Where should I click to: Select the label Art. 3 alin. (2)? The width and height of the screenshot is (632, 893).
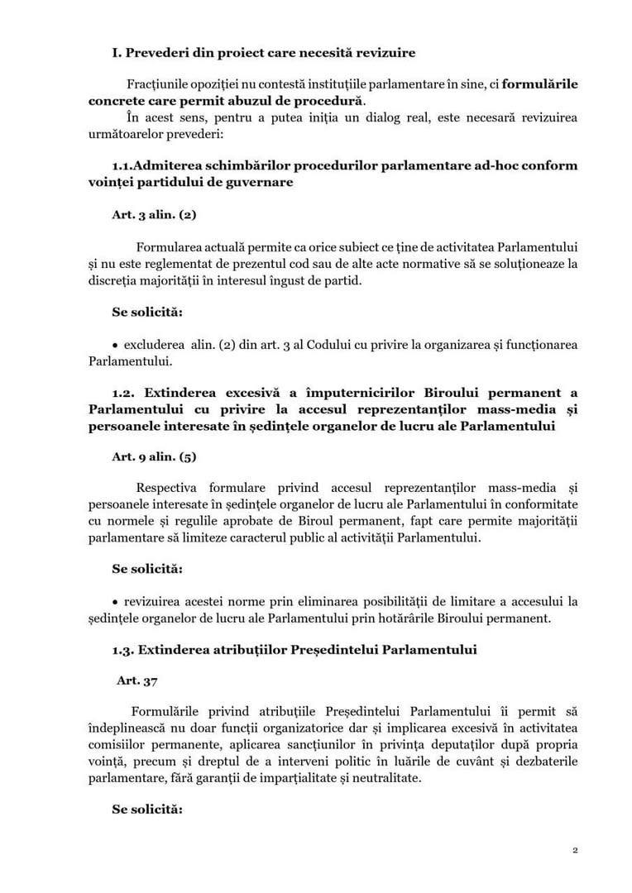pos(154,213)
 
